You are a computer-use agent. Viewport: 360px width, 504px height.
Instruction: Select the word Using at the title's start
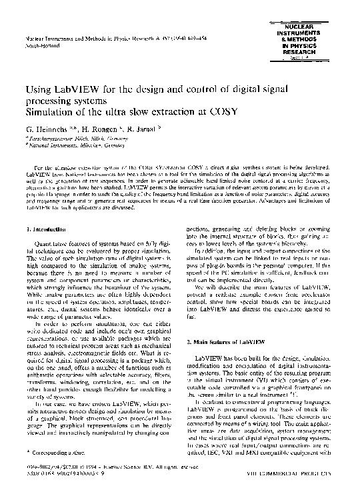click(x=39, y=89)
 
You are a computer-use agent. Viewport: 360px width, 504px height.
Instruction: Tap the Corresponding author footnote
click(x=53, y=469)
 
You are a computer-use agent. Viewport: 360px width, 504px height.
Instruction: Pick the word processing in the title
click(x=52, y=100)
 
